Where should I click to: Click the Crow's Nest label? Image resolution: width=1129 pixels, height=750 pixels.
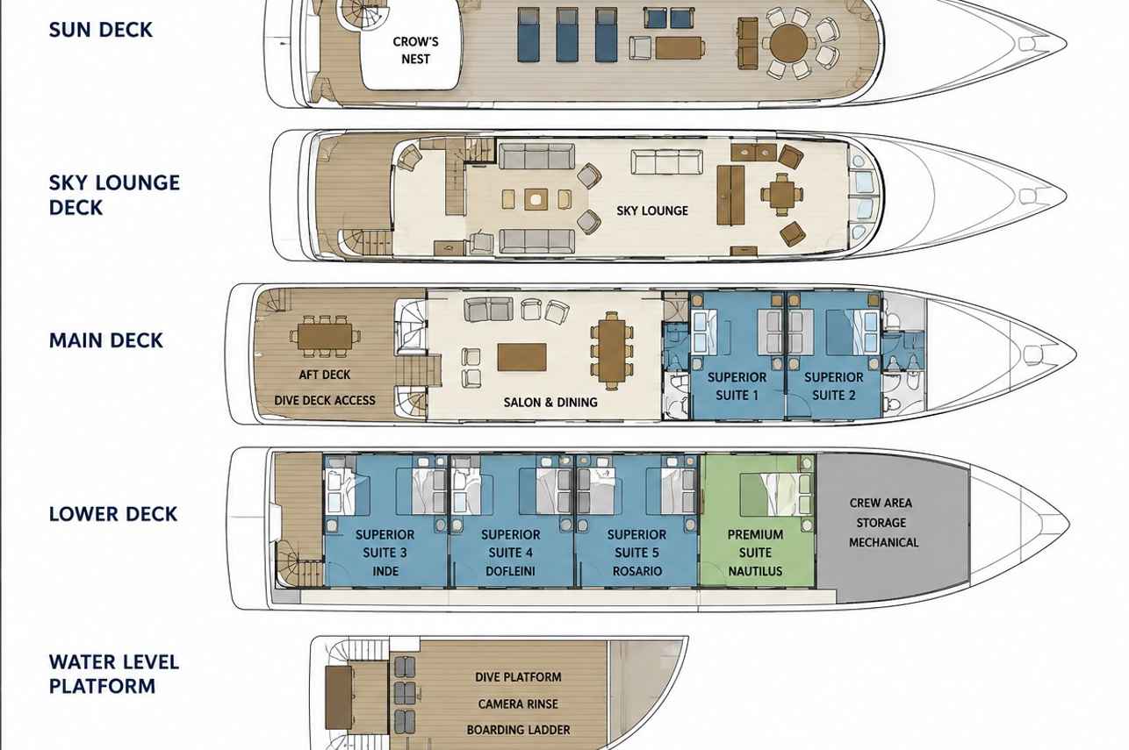415,50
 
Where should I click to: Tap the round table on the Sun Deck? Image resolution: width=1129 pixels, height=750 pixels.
789,44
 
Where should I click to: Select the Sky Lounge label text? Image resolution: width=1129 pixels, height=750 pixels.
652,211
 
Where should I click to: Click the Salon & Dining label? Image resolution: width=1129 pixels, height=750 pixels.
550,402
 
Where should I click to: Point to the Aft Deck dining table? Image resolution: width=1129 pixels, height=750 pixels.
325,336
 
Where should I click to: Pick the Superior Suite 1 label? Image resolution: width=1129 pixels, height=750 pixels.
737,386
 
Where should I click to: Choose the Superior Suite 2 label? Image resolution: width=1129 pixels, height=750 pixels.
834,386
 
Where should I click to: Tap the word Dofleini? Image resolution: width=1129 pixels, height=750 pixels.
511,571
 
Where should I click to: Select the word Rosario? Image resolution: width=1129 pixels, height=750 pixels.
637,571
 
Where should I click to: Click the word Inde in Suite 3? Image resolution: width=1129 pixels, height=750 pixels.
385,571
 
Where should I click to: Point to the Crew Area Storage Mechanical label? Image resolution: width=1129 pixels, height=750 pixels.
882,522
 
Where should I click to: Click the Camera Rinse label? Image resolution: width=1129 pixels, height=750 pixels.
518,704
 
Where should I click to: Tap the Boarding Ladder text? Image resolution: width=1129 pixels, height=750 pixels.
518,729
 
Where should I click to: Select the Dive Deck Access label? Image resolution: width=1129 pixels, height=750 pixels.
325,400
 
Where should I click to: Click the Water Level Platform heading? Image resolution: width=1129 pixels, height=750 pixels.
114,674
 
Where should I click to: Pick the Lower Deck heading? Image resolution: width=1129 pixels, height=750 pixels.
113,514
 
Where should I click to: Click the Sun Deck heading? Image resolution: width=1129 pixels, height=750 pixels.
100,30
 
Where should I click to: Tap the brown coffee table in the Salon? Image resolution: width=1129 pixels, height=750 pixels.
521,357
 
